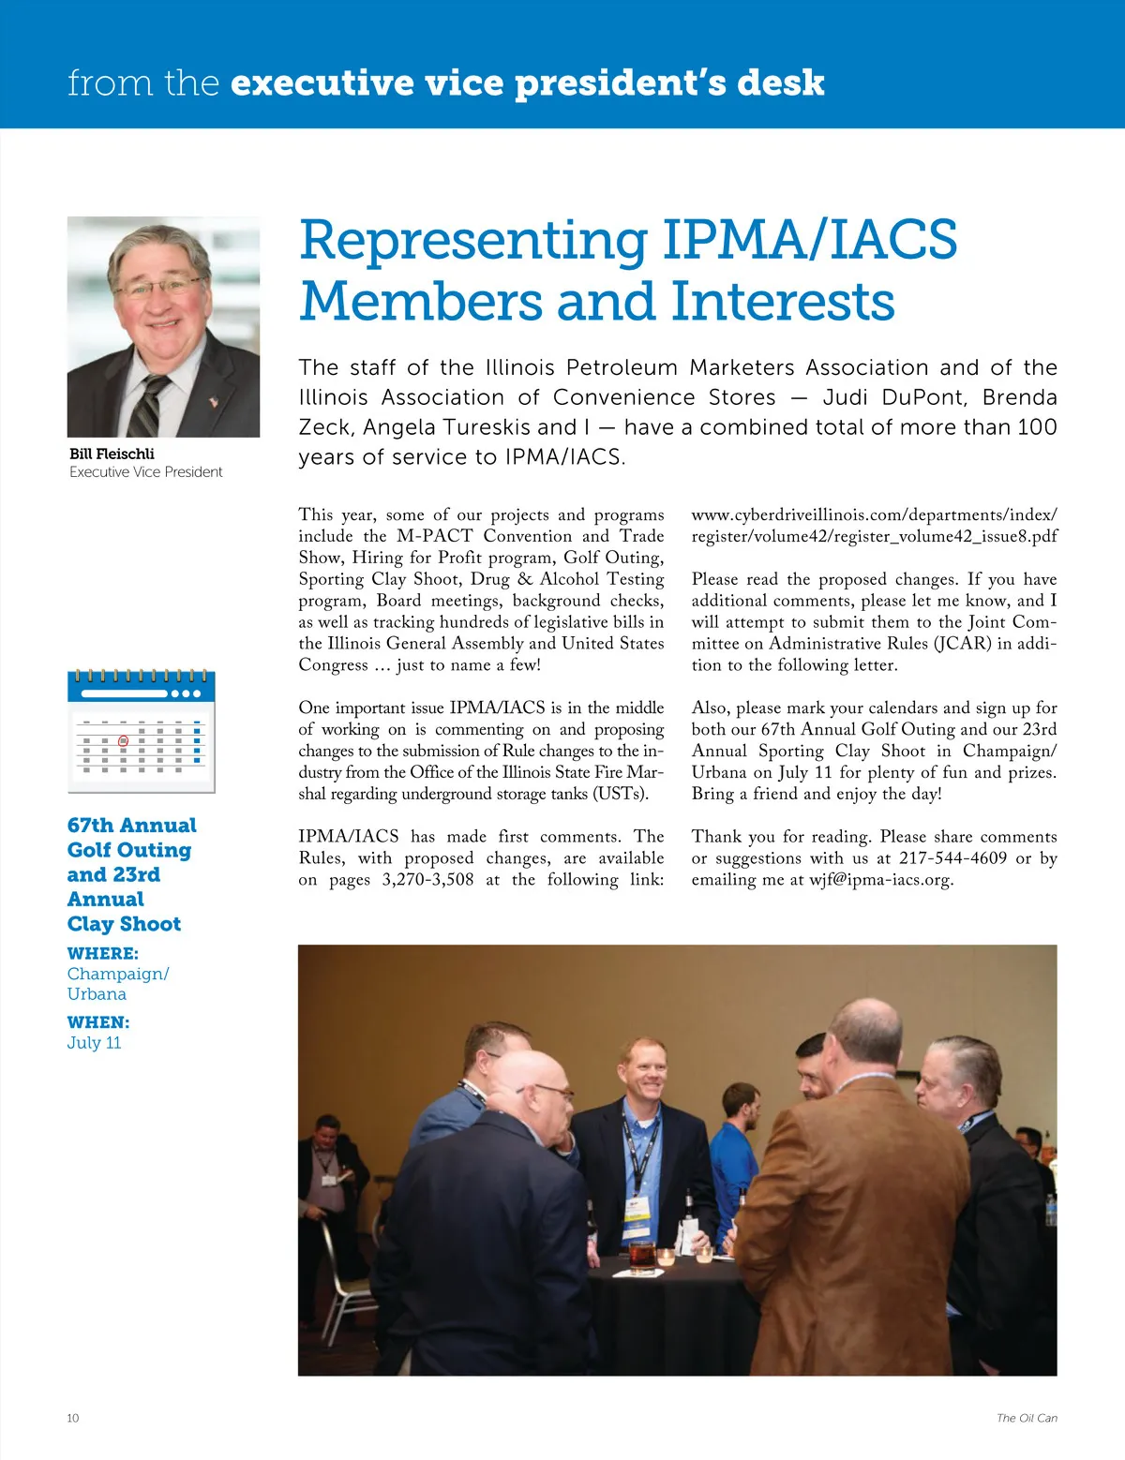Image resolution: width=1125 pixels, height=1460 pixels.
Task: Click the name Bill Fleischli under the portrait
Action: coord(112,454)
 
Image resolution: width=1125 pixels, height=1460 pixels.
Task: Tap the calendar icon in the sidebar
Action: coord(142,731)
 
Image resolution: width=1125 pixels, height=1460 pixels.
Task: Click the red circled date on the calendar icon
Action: coord(123,740)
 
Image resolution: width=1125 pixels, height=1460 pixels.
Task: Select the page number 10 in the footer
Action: coord(73,1418)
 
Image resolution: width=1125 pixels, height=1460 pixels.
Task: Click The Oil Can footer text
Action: coord(1027,1418)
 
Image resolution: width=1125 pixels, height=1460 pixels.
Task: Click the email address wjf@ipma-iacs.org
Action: coord(881,880)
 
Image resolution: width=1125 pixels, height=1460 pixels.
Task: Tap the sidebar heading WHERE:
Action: coord(103,953)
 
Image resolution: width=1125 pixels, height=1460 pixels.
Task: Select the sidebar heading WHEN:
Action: coord(98,1022)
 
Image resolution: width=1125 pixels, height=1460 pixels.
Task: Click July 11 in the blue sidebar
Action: coord(94,1043)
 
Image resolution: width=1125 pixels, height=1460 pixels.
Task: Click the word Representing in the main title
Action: coord(473,242)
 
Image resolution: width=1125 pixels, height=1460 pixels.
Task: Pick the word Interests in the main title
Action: coord(783,302)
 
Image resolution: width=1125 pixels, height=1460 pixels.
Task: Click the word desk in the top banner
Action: coord(780,83)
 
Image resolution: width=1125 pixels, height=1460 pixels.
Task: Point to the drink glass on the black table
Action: coord(642,1257)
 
